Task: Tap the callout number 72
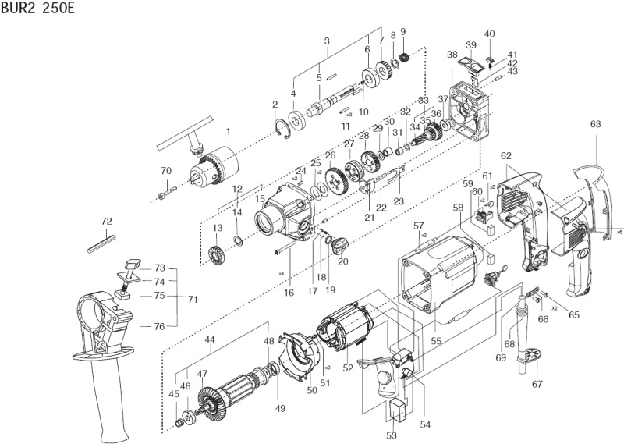click(107, 222)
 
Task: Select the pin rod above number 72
click(102, 241)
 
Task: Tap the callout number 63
click(595, 124)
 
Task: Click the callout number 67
click(537, 385)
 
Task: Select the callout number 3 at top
click(327, 41)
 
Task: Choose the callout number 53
click(392, 435)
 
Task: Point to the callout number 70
click(165, 171)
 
